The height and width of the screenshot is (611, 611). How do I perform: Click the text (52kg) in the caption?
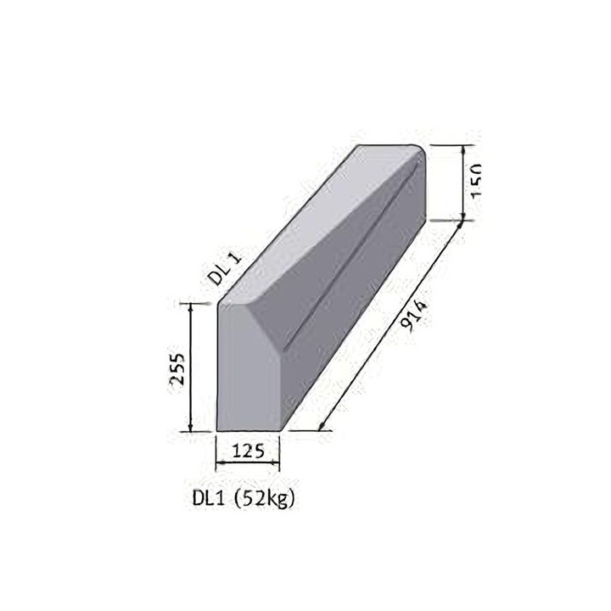[x=266, y=499]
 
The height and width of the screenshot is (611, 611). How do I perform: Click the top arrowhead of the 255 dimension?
[x=191, y=306]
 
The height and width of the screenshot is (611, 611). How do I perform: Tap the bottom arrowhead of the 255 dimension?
[x=191, y=428]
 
